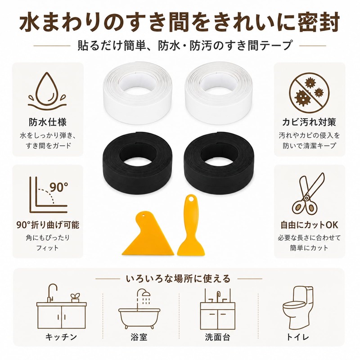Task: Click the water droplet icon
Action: click(47, 92)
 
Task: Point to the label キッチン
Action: click(61, 337)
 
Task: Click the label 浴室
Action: click(139, 337)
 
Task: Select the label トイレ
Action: click(297, 337)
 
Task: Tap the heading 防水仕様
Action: click(48, 122)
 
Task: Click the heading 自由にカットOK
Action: click(309, 225)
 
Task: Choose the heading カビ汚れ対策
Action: click(309, 122)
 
